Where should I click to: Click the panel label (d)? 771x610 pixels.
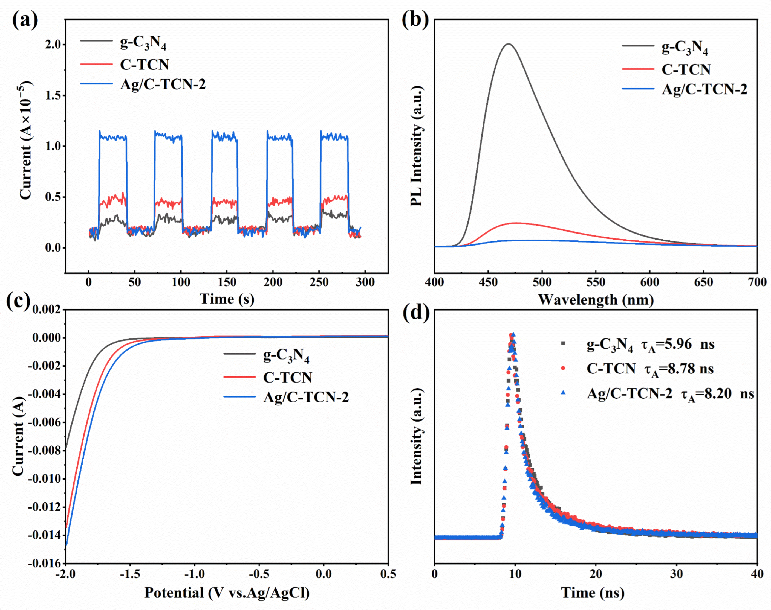[416, 313]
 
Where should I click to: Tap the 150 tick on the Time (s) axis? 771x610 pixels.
[227, 282]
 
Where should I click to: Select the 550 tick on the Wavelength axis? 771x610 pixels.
[596, 282]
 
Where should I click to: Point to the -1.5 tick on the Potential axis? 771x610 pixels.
[130, 574]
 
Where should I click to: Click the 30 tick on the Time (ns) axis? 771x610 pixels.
[676, 574]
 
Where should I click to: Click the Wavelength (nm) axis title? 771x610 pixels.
[596, 300]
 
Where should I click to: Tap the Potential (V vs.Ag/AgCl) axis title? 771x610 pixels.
[227, 593]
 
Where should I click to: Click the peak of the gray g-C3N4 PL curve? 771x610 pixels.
[508, 44]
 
